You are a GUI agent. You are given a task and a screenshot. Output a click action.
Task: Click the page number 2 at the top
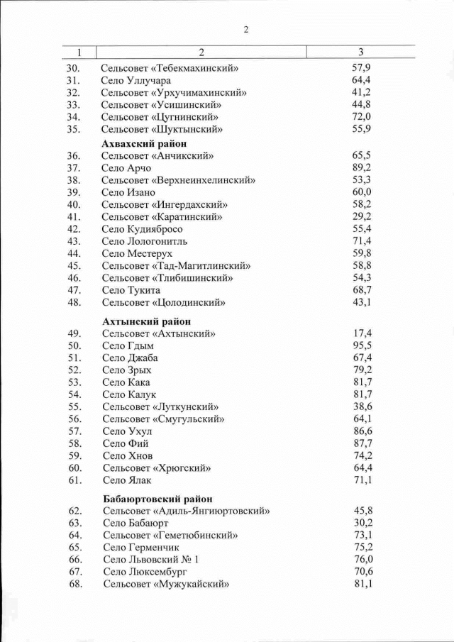[246, 30]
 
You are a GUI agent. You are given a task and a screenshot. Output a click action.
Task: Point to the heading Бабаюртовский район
[157, 498]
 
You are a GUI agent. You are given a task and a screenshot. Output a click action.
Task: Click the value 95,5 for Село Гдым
[362, 345]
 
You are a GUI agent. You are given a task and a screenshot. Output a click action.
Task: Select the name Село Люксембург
[143, 572]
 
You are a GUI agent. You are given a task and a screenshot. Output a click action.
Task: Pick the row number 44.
[74, 253]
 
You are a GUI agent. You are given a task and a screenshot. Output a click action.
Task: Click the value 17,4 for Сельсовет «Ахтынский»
[362, 333]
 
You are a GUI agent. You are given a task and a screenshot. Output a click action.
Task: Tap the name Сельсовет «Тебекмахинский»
[170, 68]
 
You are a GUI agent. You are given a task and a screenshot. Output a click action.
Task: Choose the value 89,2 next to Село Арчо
[362, 167]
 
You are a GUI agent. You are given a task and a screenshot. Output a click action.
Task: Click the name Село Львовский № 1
[151, 560]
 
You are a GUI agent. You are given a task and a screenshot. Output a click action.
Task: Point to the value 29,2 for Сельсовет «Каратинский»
[362, 216]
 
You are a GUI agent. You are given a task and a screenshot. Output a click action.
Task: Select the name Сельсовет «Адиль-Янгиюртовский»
[186, 511]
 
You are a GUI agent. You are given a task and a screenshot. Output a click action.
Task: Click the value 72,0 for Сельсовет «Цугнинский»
[362, 116]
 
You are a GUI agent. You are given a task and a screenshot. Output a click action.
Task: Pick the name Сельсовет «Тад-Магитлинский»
[176, 265]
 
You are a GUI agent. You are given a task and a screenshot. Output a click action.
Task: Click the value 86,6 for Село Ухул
[362, 431]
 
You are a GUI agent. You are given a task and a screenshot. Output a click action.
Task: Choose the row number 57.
[74, 431]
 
